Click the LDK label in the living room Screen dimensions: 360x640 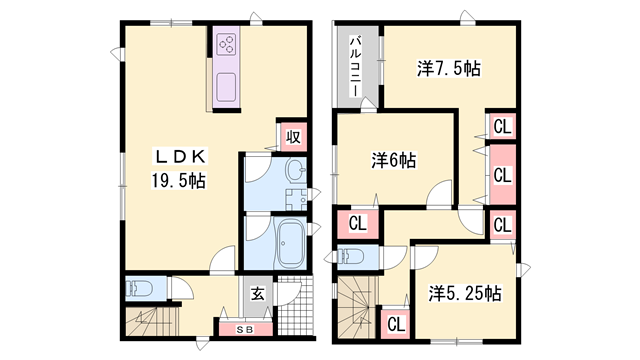pos(179,156)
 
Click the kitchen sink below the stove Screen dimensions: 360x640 pos(225,84)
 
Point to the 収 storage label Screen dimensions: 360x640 pos(292,137)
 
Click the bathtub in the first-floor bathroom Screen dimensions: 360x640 pos(292,241)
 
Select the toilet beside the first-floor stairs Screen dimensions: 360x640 pos(139,289)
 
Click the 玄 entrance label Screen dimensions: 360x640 pos(257,294)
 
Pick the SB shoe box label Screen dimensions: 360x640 pos(244,327)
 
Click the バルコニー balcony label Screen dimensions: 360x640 pos(355,65)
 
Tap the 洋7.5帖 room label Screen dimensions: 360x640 pos(449,70)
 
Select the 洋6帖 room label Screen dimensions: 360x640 pos(394,159)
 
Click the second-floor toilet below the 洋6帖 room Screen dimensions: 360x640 pos(352,256)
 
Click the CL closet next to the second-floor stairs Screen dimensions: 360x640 pos(395,323)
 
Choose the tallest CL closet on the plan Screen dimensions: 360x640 pos(502,173)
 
